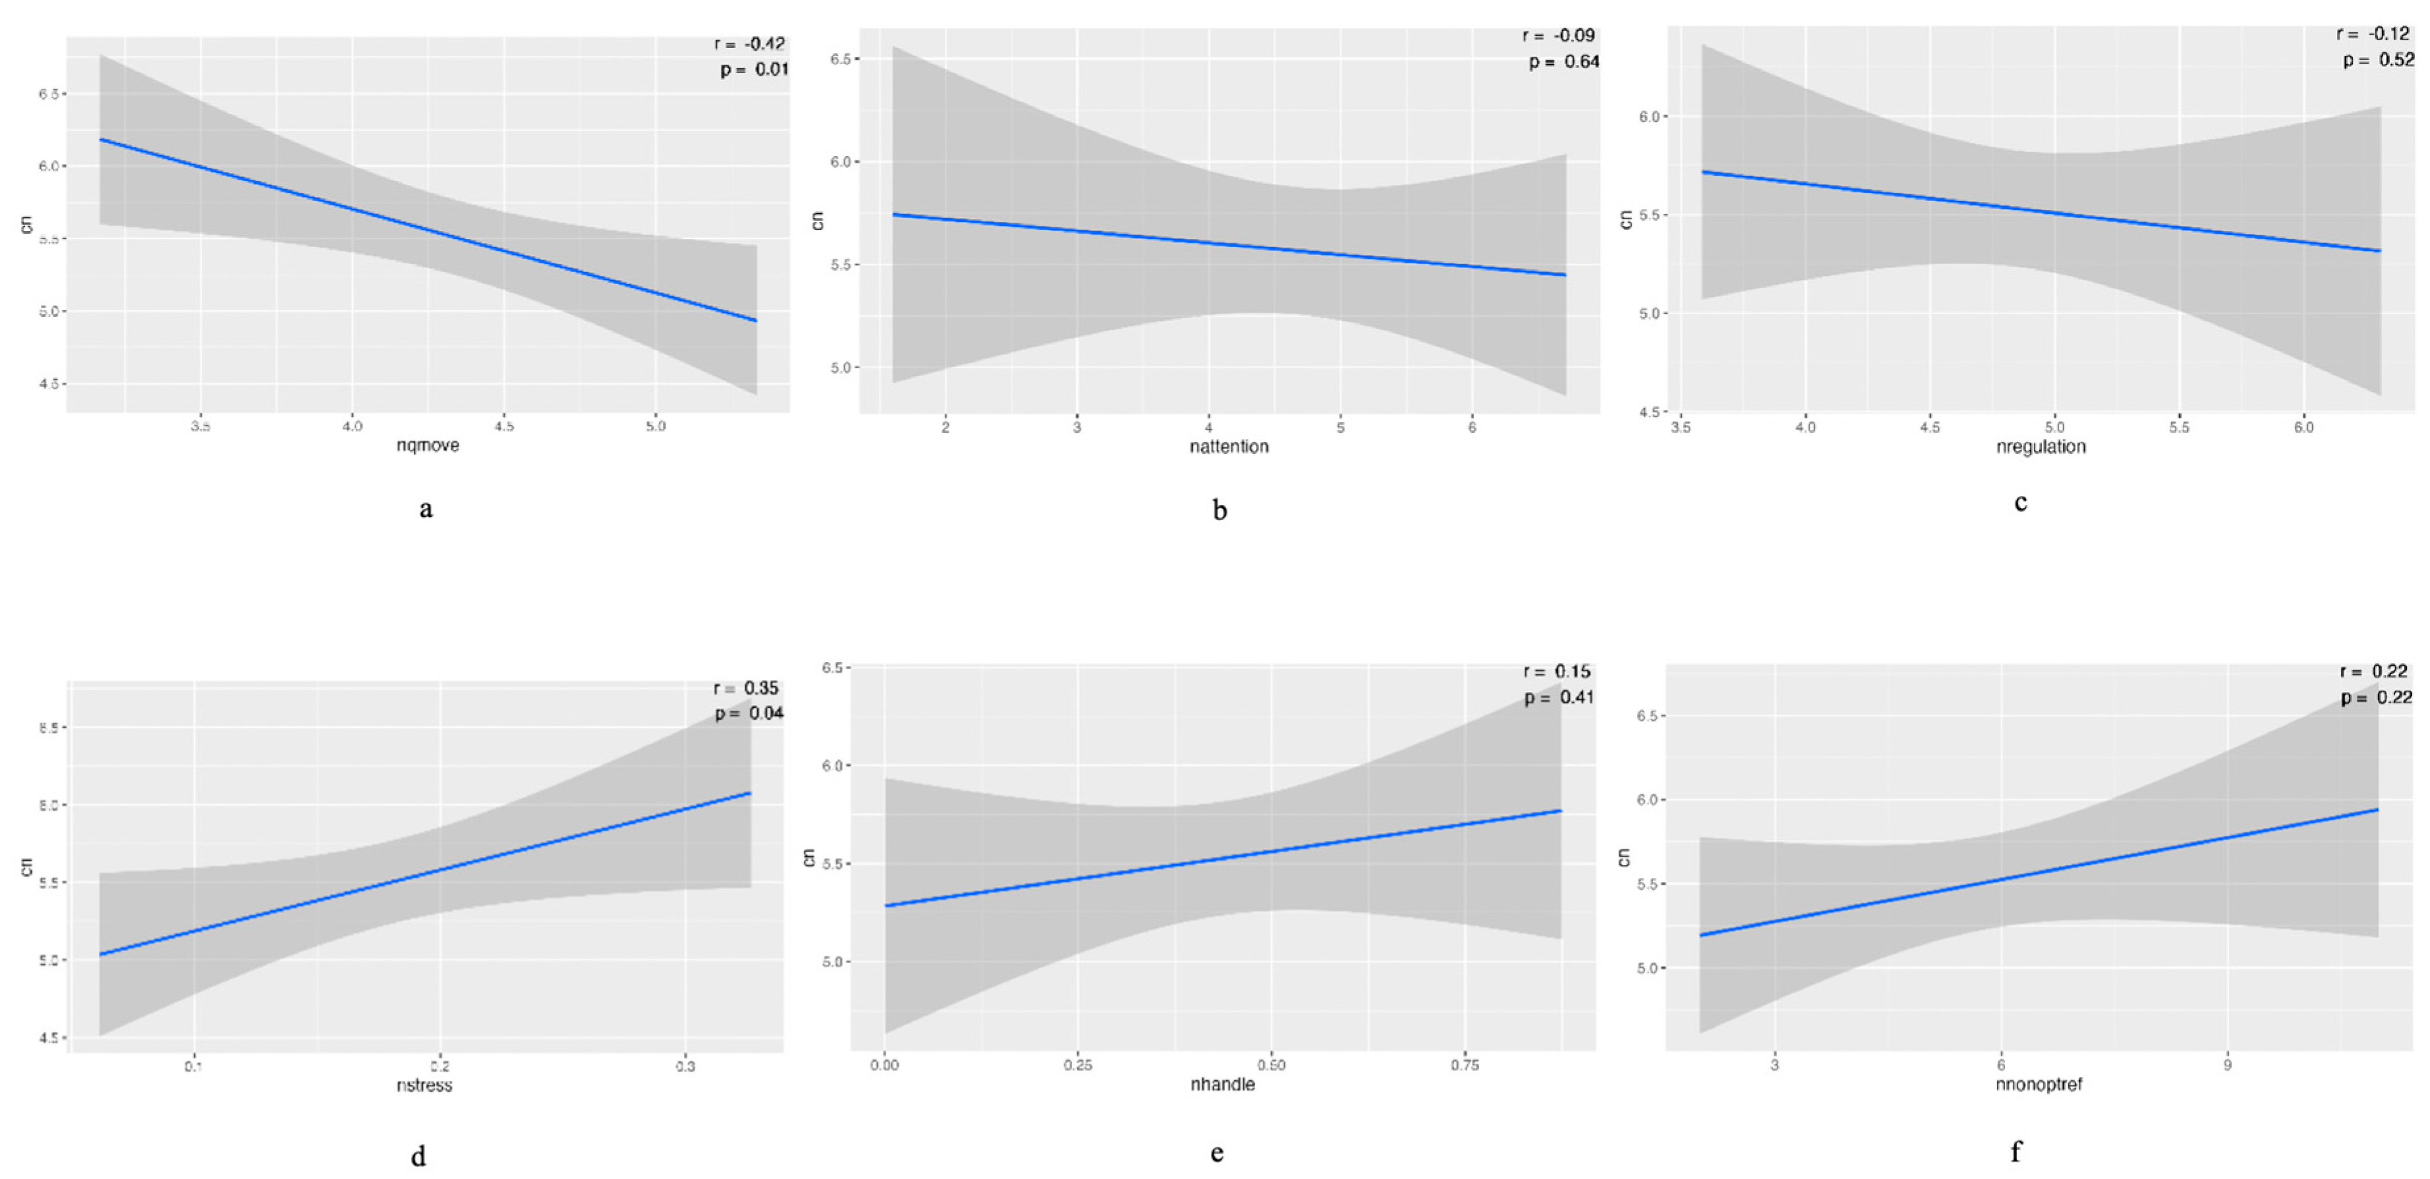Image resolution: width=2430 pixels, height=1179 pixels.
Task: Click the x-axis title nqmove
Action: point(428,445)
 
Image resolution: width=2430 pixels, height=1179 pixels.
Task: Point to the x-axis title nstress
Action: point(424,1085)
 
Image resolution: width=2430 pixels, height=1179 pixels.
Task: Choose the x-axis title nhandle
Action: point(1222,1085)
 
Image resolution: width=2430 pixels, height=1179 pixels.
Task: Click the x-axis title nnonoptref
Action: point(2039,1085)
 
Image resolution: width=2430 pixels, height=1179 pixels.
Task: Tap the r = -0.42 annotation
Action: point(750,43)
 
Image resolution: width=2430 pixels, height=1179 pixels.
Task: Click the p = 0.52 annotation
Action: point(2378,59)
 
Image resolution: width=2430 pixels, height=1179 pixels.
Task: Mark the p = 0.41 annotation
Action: point(1558,698)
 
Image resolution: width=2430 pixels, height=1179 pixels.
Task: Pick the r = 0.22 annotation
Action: point(2375,672)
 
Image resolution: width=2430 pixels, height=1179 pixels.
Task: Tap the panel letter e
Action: point(1217,1153)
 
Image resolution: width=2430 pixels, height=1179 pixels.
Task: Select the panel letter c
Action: point(2021,503)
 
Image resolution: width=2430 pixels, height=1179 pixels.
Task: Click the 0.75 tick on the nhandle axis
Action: point(1464,1065)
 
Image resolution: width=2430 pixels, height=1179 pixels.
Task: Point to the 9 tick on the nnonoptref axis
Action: point(2227,1065)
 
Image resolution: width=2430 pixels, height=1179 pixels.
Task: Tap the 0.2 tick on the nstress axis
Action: point(439,1067)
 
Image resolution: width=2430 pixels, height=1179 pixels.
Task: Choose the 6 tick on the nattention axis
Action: point(1471,427)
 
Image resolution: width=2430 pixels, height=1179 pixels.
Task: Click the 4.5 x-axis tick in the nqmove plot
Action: point(504,426)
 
